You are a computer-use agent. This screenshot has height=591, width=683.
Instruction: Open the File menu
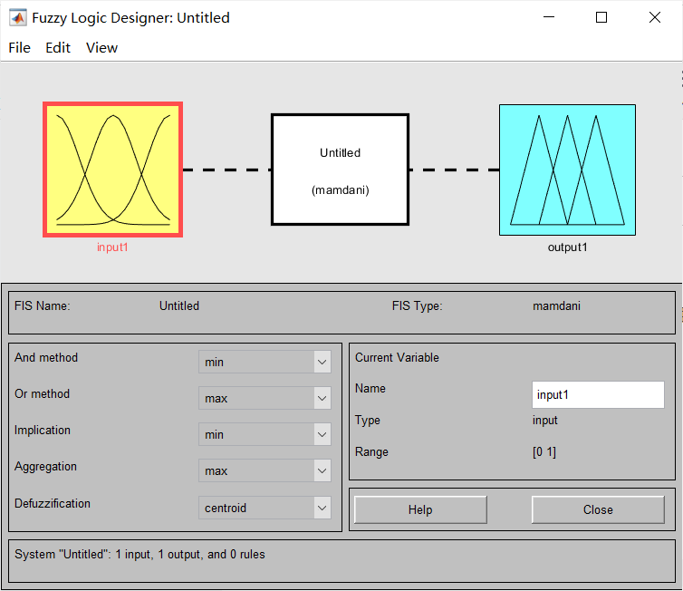pyautogui.click(x=20, y=47)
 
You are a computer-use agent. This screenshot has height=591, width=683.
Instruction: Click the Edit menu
pyautogui.click(x=58, y=47)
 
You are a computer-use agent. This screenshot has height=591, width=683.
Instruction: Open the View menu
pyautogui.click(x=102, y=47)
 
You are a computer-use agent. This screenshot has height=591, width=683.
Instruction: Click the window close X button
pyautogui.click(x=655, y=17)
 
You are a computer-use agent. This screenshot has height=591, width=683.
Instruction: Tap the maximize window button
pyautogui.click(x=601, y=17)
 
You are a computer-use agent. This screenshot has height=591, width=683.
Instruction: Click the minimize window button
pyautogui.click(x=549, y=17)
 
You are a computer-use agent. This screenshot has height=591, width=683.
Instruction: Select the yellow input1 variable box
pyautogui.click(x=113, y=170)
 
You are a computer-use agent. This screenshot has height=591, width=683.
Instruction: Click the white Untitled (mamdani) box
pyautogui.click(x=341, y=170)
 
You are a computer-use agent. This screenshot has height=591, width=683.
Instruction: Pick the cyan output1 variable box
pyautogui.click(x=568, y=170)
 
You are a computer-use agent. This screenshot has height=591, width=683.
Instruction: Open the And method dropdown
pyautogui.click(x=265, y=362)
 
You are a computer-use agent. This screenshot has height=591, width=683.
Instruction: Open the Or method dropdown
pyautogui.click(x=265, y=398)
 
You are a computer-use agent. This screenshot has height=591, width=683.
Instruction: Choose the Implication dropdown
pyautogui.click(x=265, y=434)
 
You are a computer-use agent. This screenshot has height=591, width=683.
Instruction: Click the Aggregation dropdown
pyautogui.click(x=265, y=470)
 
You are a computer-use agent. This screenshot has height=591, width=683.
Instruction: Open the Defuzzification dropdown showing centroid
pyautogui.click(x=265, y=508)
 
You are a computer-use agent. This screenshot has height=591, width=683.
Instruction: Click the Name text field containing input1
pyautogui.click(x=598, y=395)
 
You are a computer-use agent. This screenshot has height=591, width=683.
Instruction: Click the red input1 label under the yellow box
pyautogui.click(x=112, y=247)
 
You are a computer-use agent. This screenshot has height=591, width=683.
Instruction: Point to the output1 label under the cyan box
pyautogui.click(x=568, y=247)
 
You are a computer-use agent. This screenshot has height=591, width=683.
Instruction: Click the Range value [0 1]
pyautogui.click(x=544, y=452)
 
